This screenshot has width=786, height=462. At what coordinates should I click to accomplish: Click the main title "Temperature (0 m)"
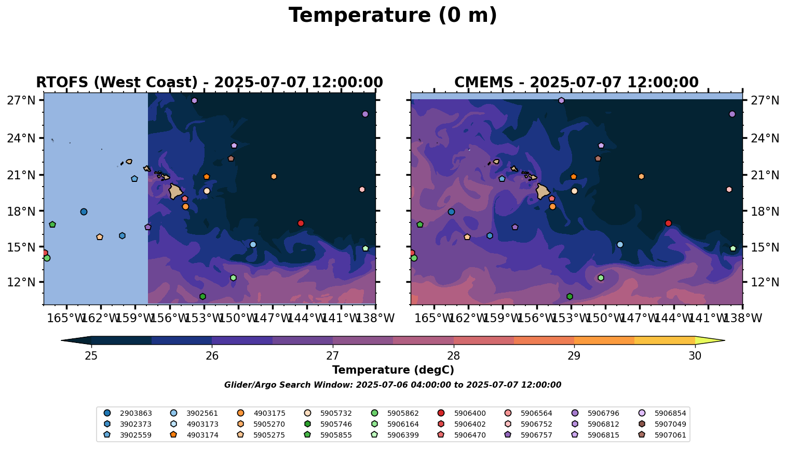click(392, 16)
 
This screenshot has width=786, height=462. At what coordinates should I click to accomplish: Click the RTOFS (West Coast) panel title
click(209, 83)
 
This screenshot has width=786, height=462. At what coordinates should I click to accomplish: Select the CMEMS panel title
click(576, 83)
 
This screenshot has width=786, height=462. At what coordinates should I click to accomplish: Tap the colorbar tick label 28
click(453, 356)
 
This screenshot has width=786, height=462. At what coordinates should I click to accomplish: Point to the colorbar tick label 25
click(91, 356)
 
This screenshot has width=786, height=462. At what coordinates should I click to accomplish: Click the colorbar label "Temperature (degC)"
click(393, 370)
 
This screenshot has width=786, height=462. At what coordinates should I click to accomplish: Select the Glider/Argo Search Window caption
click(392, 385)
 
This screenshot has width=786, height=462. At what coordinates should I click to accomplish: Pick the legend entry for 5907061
click(670, 435)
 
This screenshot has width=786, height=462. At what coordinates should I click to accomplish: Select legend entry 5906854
click(670, 413)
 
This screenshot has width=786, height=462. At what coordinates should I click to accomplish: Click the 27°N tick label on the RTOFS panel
click(21, 100)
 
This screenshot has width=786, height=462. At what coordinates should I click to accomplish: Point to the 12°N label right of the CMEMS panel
click(764, 283)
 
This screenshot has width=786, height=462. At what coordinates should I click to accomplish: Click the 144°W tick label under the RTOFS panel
click(306, 318)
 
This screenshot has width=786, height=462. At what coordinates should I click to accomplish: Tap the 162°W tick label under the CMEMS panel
click(468, 318)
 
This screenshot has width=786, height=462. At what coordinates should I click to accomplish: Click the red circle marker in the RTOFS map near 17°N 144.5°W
click(301, 223)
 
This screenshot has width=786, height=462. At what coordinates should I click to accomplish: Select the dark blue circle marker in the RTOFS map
click(84, 212)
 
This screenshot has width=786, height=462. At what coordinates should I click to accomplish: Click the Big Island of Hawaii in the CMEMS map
click(543, 191)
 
